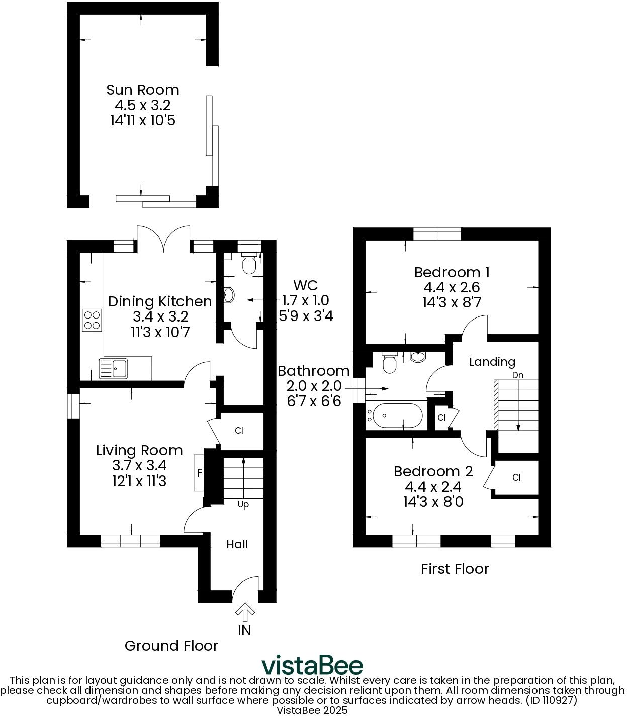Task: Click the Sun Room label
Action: (x=142, y=90)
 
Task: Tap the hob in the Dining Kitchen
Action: (x=92, y=320)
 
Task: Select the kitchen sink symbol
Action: (x=114, y=368)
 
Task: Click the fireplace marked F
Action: (x=199, y=473)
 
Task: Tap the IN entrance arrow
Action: (x=245, y=614)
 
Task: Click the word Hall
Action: (x=237, y=544)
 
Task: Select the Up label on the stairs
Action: (x=243, y=504)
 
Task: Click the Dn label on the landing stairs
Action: (x=517, y=375)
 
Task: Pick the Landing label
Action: (x=492, y=362)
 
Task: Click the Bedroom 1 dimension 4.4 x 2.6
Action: (x=452, y=287)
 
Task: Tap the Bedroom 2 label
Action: (x=433, y=471)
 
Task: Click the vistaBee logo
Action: (x=312, y=665)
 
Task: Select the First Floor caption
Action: (x=455, y=569)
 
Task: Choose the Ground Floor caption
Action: (x=171, y=646)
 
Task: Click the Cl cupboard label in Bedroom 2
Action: (x=516, y=478)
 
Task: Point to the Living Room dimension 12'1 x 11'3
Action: (x=139, y=481)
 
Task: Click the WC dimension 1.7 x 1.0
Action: (x=305, y=301)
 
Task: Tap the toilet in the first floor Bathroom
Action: (x=389, y=363)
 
